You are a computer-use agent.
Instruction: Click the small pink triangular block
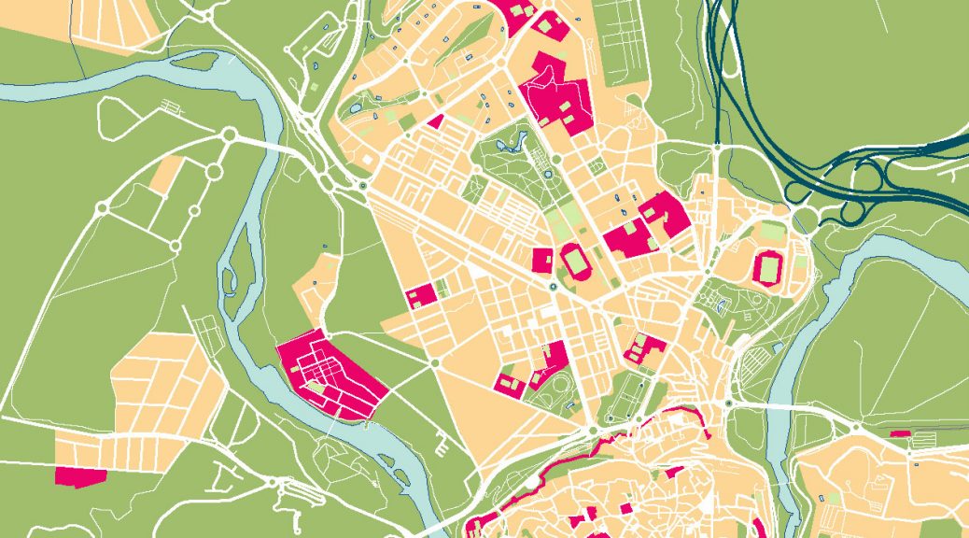[x=435, y=121]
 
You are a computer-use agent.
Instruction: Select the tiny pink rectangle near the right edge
[x=899, y=433]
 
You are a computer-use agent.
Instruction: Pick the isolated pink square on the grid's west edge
[x=420, y=296]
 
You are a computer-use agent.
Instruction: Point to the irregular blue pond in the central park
[x=511, y=145]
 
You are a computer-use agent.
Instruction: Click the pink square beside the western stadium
[x=542, y=259]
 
